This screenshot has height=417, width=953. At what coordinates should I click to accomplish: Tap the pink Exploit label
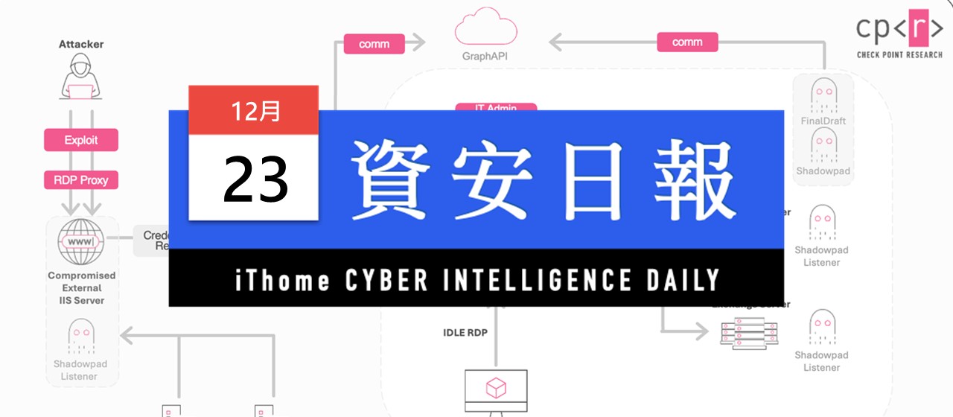click(x=81, y=140)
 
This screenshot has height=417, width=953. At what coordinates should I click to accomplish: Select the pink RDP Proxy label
click(x=81, y=180)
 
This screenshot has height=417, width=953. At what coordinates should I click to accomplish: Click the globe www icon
click(x=81, y=242)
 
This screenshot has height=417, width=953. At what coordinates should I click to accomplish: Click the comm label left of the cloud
click(x=374, y=44)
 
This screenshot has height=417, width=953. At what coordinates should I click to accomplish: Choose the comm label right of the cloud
click(x=687, y=42)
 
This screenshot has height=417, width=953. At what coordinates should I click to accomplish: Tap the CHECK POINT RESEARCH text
click(x=899, y=54)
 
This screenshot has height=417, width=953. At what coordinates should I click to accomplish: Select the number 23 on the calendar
click(x=255, y=179)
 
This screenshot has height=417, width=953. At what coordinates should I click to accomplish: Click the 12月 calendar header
click(x=255, y=110)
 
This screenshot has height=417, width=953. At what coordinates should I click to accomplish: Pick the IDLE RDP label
click(x=465, y=332)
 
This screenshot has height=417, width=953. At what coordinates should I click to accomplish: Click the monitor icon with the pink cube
click(x=496, y=389)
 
